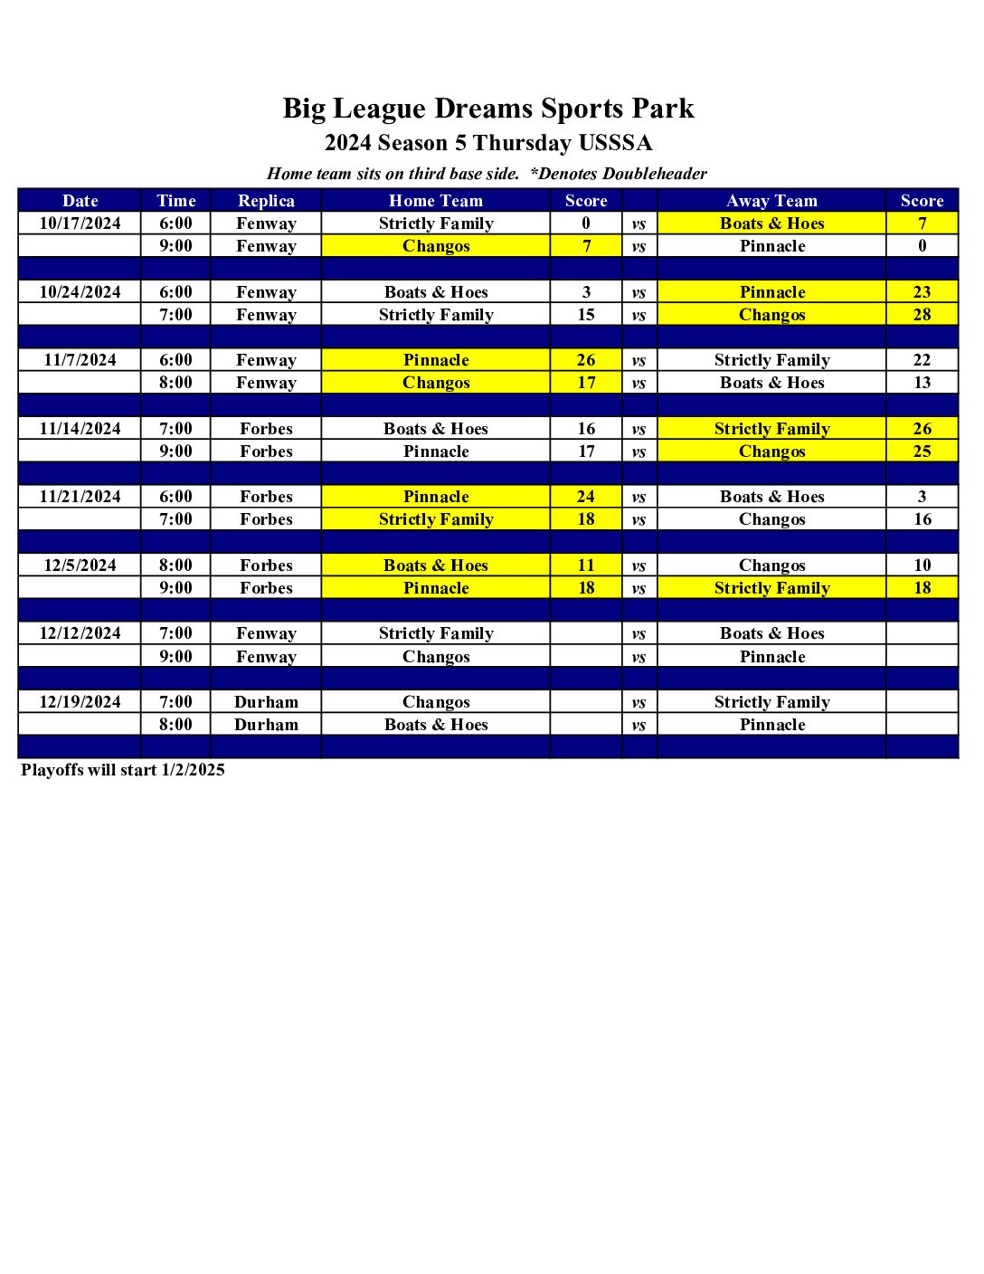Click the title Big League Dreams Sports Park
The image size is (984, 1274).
tap(488, 109)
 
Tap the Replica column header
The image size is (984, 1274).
tap(266, 201)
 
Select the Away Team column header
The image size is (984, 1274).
tap(771, 201)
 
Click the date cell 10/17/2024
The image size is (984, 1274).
tap(80, 223)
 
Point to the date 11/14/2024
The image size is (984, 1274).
tap(80, 429)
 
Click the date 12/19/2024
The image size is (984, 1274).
tap(80, 702)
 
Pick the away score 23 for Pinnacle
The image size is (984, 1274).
tap(922, 292)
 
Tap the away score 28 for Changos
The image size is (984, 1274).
tap(922, 315)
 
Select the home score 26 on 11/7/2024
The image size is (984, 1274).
tap(586, 360)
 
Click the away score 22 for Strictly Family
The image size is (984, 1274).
tap(922, 360)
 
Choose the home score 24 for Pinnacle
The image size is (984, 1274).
tap(586, 497)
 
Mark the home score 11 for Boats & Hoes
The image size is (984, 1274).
tap(586, 566)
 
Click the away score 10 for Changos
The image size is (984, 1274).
tap(922, 566)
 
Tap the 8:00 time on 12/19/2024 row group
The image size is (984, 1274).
tap(175, 725)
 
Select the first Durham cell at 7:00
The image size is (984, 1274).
tap(266, 702)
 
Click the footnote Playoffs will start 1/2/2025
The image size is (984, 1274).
tap(123, 770)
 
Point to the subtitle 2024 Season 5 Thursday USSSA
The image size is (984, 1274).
tap(488, 143)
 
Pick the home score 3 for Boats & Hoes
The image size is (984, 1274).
tap(586, 292)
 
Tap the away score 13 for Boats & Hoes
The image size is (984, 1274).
tap(922, 383)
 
